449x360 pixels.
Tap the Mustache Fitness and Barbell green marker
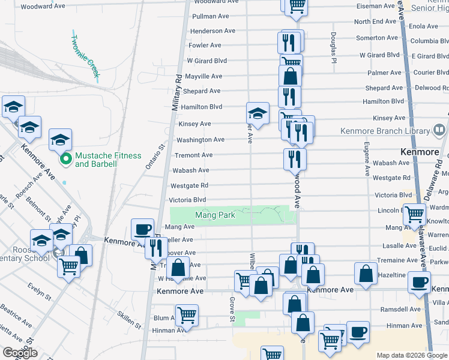click(65, 160)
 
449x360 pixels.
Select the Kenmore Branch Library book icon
click(439, 130)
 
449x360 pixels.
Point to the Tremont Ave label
click(193, 155)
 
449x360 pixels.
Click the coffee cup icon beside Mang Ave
click(143, 229)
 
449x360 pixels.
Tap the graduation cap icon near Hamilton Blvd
click(257, 113)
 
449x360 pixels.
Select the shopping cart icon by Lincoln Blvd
click(414, 213)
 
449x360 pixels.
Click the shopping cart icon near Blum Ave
click(187, 314)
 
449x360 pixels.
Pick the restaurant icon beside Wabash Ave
click(295, 158)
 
